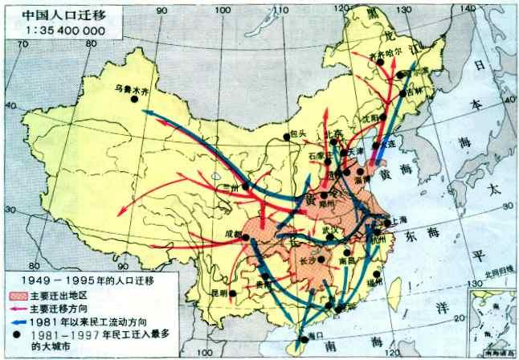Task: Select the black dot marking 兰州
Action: [245, 186]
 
